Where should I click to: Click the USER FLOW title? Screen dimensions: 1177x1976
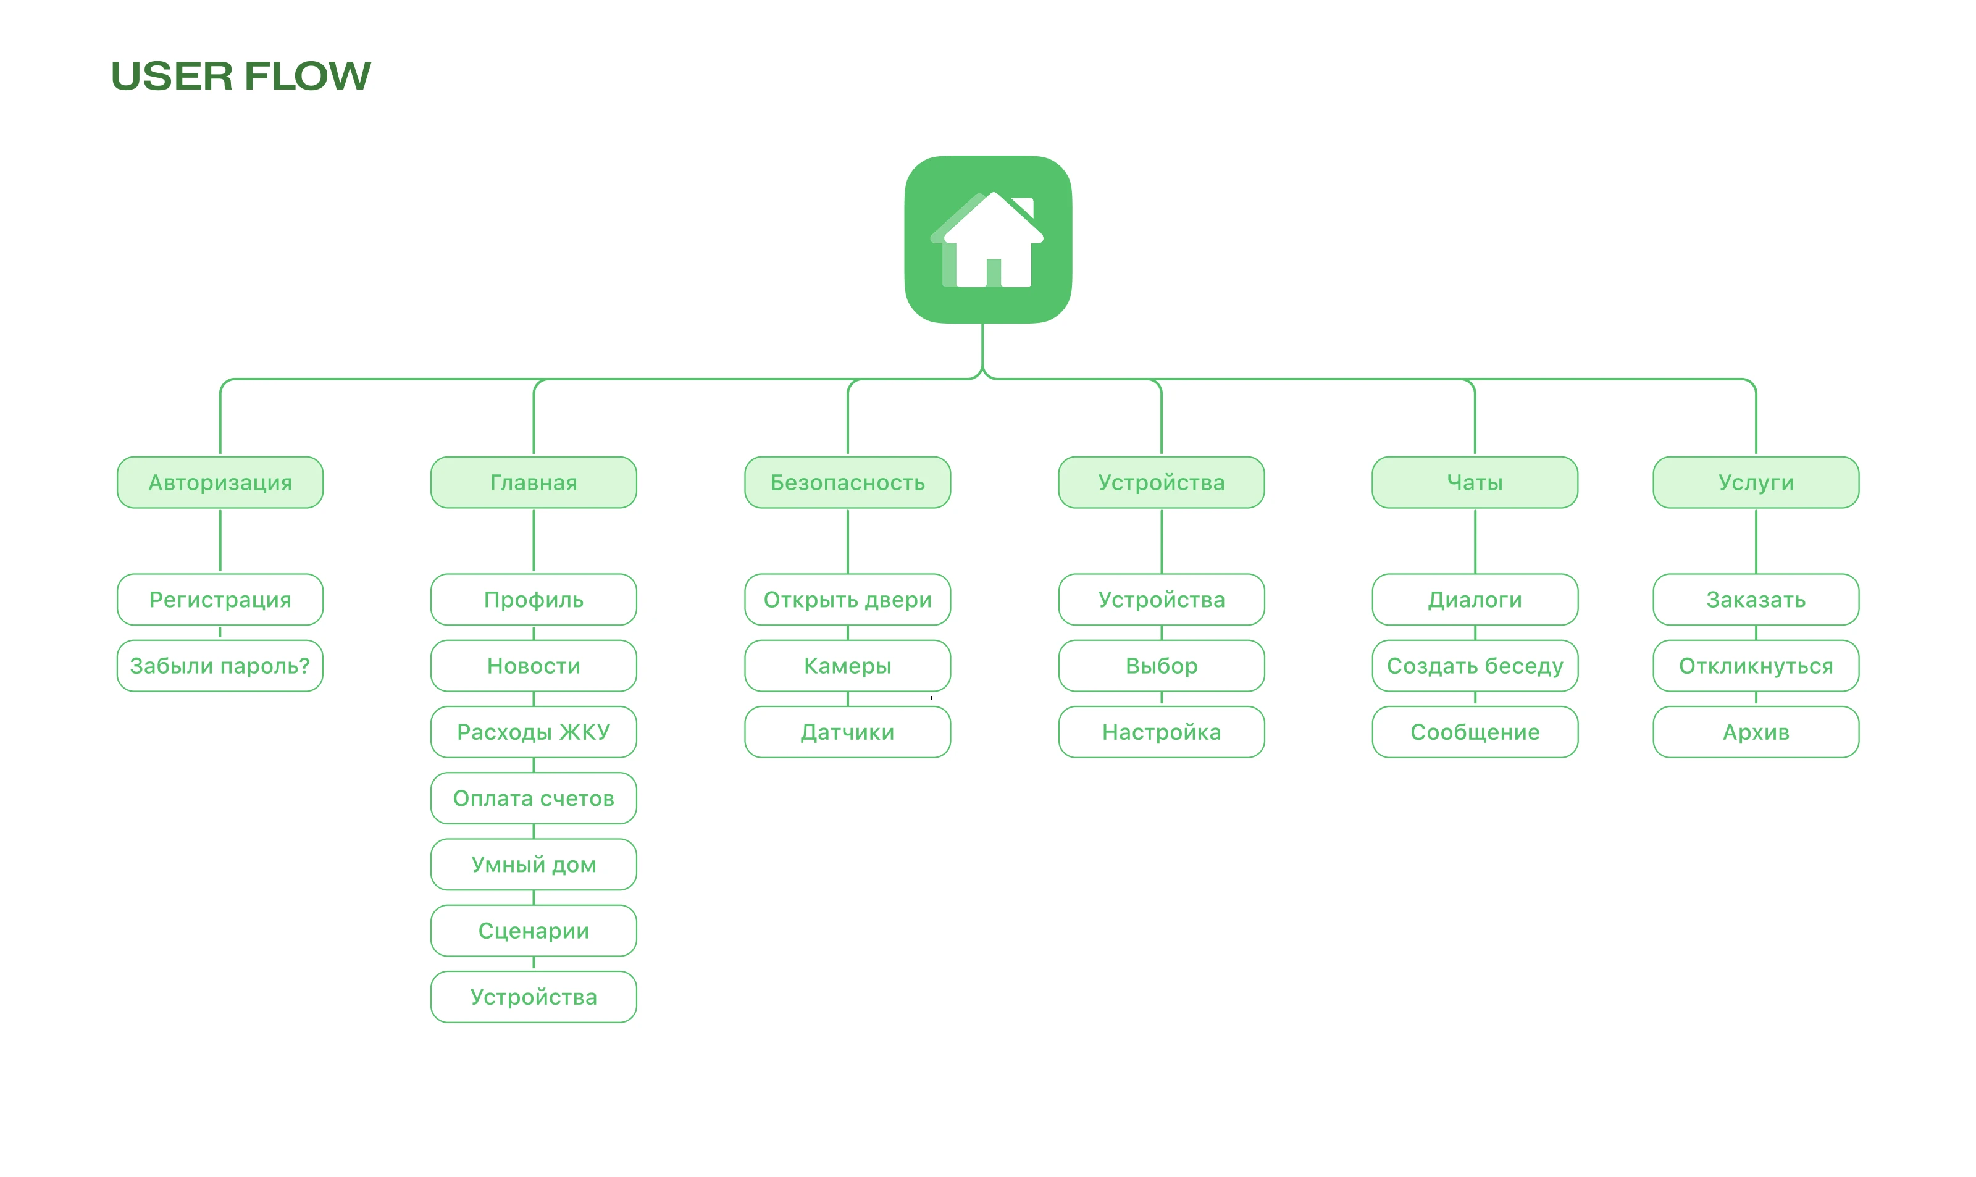pos(240,76)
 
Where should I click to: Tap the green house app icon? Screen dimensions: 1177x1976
pos(988,240)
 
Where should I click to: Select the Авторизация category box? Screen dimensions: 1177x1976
pos(220,482)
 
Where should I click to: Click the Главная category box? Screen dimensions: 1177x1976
pos(534,482)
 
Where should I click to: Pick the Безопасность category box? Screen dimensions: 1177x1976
pos(848,482)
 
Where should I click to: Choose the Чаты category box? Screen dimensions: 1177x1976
pos(1475,482)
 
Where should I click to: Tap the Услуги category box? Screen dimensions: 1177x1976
pos(1756,482)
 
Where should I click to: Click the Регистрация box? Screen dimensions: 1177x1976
pos(220,600)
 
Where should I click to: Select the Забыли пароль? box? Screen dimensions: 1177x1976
pos(220,666)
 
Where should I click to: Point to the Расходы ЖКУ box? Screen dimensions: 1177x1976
pos(534,732)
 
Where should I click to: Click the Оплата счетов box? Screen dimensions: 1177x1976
pos(534,798)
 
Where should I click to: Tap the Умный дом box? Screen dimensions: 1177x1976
pos(534,865)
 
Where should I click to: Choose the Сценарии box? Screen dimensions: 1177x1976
pos(534,931)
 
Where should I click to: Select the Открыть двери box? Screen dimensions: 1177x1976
pos(848,600)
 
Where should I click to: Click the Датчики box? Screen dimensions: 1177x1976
pos(848,732)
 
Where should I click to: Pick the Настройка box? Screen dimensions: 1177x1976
pos(1162,732)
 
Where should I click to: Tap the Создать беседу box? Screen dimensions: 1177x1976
pos(1475,666)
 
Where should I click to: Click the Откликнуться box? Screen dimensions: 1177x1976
pos(1756,666)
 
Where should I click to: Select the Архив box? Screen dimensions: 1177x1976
pos(1756,732)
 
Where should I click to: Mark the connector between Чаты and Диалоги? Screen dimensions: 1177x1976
pos(1475,541)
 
